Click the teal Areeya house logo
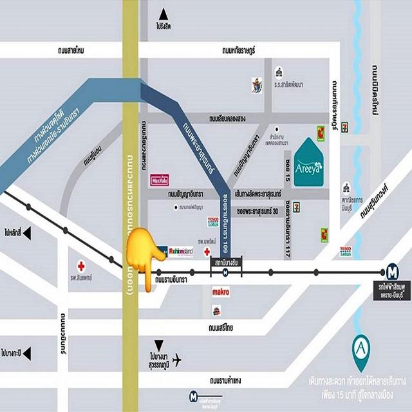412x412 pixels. pos(313,163)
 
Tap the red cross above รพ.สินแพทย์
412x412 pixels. pos(81,265)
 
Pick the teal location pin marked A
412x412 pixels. pos(362,350)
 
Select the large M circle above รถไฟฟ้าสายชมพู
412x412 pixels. pos(392,271)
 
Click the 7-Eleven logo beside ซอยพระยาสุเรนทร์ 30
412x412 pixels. pos(297,207)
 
